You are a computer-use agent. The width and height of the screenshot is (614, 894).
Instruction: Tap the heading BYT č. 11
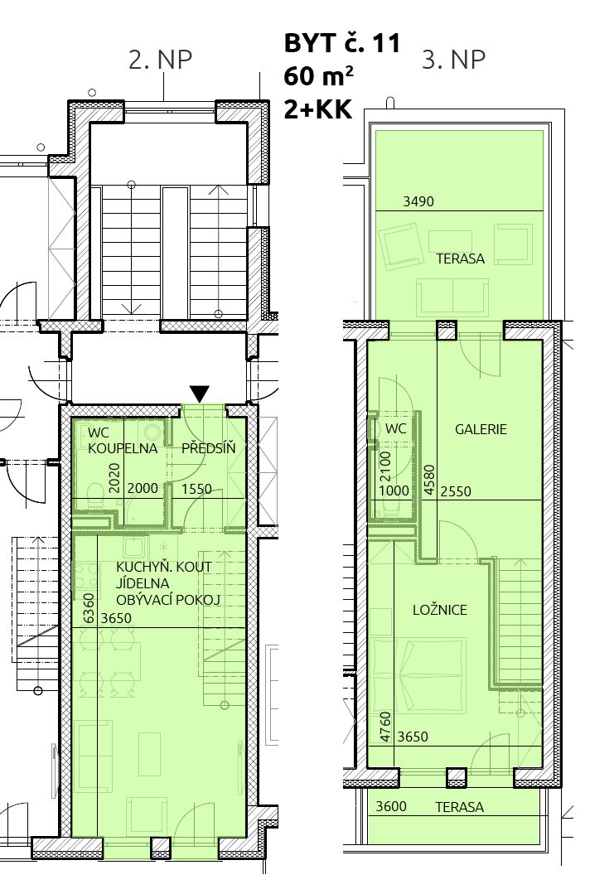pyautogui.click(x=342, y=43)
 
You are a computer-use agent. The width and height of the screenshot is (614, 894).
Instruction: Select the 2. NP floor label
pyautogui.click(x=160, y=60)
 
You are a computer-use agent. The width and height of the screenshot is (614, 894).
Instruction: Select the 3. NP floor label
pyautogui.click(x=453, y=60)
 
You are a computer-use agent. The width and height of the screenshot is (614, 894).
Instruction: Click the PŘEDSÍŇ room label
pyautogui.click(x=208, y=448)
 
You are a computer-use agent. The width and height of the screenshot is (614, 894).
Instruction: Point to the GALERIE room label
pyautogui.click(x=481, y=429)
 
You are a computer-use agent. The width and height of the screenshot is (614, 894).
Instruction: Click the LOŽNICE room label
pyautogui.click(x=439, y=610)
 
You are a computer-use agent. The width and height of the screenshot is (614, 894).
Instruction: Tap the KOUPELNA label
pyautogui.click(x=123, y=448)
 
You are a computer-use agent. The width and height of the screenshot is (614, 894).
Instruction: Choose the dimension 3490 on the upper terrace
pyautogui.click(x=418, y=201)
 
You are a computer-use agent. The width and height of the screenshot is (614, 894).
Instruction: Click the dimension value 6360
pyautogui.click(x=89, y=608)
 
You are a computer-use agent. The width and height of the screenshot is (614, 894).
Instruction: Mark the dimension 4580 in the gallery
pyautogui.click(x=429, y=480)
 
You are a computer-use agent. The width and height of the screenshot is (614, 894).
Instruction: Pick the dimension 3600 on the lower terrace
pyautogui.click(x=391, y=806)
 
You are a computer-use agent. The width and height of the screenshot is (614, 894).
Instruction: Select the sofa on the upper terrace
pyautogui.click(x=452, y=297)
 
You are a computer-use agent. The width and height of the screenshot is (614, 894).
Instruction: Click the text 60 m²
pyautogui.click(x=319, y=76)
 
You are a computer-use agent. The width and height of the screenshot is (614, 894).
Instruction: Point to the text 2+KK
pyautogui.click(x=318, y=109)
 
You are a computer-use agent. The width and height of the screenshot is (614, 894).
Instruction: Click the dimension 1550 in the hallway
pyautogui.click(x=196, y=489)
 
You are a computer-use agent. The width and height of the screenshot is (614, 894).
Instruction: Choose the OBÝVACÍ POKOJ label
pyautogui.click(x=167, y=600)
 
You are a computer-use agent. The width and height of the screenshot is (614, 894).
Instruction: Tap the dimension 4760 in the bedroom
pyautogui.click(x=386, y=727)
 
